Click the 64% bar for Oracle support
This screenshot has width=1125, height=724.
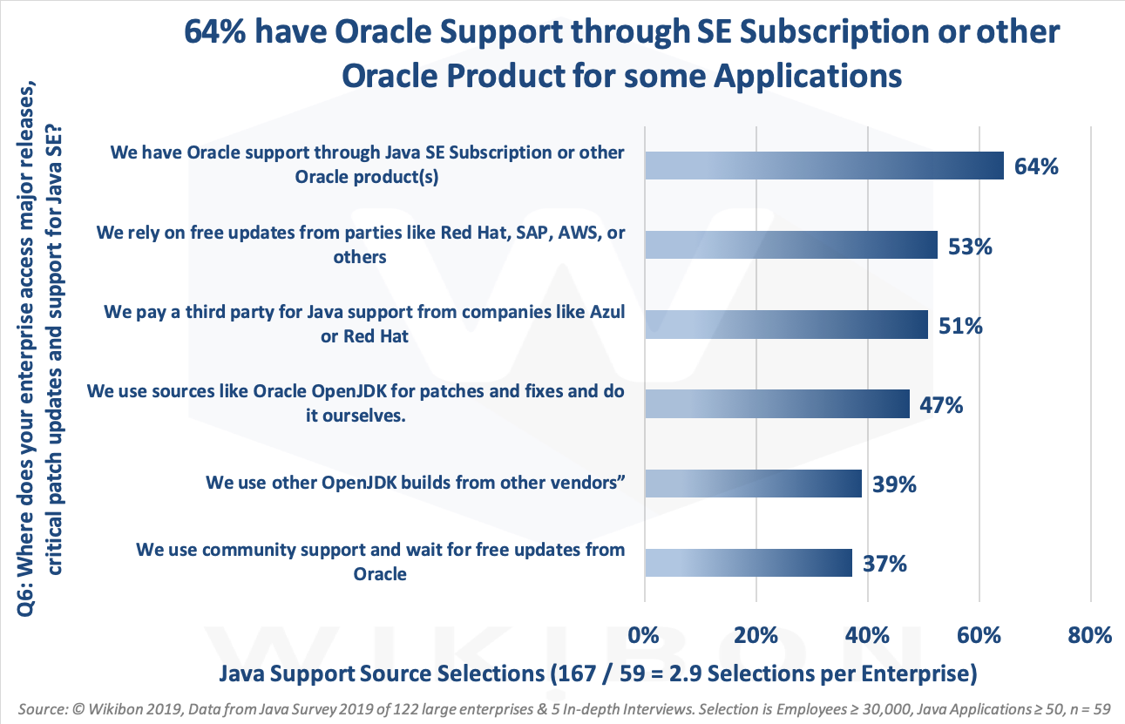click(823, 165)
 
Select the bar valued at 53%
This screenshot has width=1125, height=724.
click(790, 246)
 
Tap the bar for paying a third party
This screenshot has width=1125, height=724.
click(786, 325)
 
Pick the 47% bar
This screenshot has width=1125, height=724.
click(776, 404)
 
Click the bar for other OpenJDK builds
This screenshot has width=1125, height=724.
click(753, 484)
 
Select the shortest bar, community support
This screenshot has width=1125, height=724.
click(748, 563)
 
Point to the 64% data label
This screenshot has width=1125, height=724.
click(1036, 166)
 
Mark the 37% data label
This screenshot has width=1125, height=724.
click(884, 564)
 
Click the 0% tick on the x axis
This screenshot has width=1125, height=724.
click(644, 635)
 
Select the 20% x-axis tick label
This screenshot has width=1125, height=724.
click(756, 635)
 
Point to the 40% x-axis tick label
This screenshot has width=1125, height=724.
click(867, 635)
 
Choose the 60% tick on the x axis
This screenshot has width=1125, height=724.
click(979, 635)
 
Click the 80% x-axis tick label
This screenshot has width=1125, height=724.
click(1090, 635)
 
